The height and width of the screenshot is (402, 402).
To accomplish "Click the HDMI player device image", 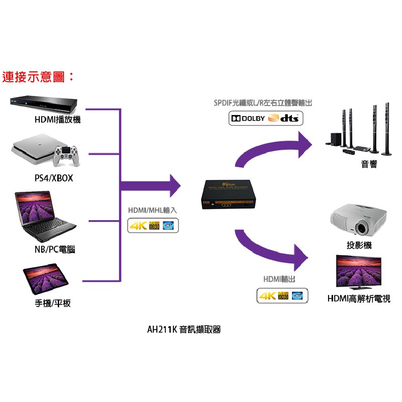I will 43,105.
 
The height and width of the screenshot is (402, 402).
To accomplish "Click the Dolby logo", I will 248,119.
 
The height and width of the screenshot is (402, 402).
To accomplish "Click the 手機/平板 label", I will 53,304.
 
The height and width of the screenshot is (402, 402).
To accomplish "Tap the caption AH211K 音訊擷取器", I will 184,330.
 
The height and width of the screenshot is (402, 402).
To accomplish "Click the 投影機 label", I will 359,245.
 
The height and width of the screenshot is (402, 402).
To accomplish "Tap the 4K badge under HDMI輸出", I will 267,296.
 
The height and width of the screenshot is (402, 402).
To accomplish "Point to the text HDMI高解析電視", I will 359,298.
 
